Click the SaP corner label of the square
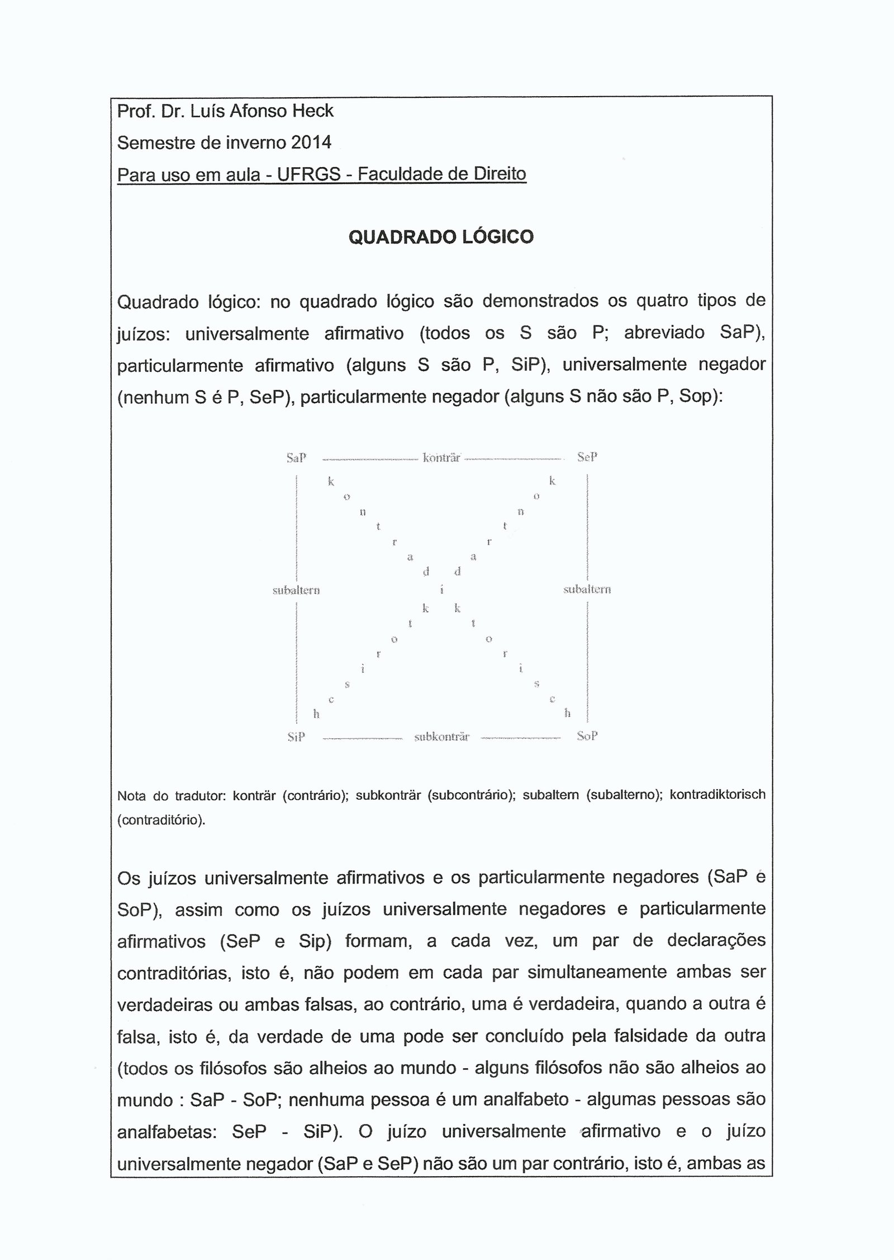[296, 458]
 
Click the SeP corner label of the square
[587, 457]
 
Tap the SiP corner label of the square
[296, 737]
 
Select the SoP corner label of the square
[587, 736]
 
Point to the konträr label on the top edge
[441, 458]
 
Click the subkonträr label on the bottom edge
[441, 737]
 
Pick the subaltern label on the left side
[296, 590]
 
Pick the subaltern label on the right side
[587, 589]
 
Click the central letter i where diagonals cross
[442, 589]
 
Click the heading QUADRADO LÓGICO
[441, 237]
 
